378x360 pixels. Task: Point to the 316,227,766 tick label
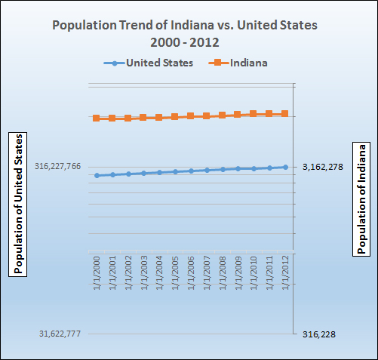coord(57,167)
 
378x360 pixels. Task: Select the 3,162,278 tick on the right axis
coord(322,167)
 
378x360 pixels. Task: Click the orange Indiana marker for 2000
coord(97,118)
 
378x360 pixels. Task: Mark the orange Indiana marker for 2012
coord(285,114)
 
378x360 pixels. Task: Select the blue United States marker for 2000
coord(97,175)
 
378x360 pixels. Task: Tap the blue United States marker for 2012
coord(285,167)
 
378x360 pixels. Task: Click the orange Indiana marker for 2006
coord(191,116)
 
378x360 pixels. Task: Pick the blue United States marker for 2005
coord(175,171)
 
